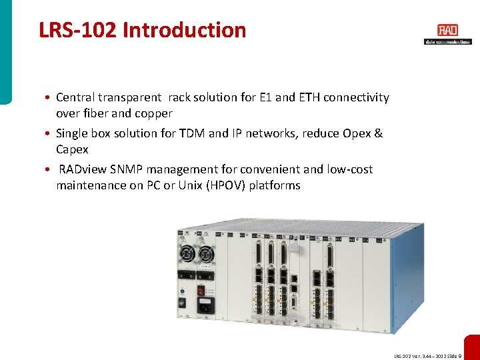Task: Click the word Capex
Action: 72,149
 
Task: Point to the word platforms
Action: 275,185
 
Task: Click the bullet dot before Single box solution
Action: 51,133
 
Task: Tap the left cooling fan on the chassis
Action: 186,255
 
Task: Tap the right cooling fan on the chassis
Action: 206,254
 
